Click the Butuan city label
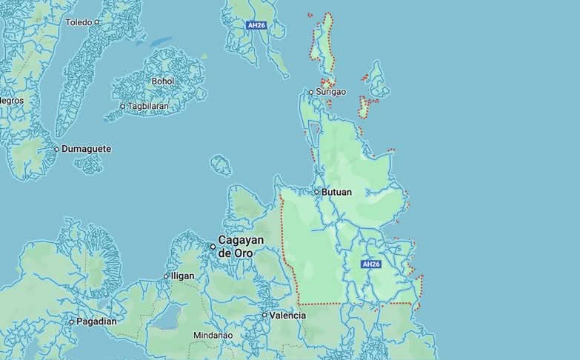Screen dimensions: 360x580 click(337, 192)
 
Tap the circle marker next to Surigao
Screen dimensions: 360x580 click(311, 92)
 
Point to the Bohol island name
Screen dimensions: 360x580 click(162, 81)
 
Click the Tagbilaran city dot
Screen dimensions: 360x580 click(123, 106)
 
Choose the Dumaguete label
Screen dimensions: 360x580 click(86, 149)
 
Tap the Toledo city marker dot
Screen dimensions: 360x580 click(97, 22)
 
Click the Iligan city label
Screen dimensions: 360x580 click(182, 276)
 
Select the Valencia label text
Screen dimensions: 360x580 click(287, 316)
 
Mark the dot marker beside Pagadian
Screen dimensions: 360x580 click(72, 321)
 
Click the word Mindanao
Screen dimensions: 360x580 click(213, 336)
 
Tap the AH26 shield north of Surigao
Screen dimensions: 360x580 click(256, 25)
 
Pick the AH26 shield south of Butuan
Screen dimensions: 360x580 click(370, 264)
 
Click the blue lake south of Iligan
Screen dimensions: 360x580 click(166, 318)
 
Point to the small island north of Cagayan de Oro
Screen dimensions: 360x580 click(221, 165)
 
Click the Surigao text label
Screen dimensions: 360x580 click(330, 92)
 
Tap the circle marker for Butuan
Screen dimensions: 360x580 click(316, 192)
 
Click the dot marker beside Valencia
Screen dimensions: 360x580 click(264, 316)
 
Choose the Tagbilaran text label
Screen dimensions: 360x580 click(148, 106)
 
